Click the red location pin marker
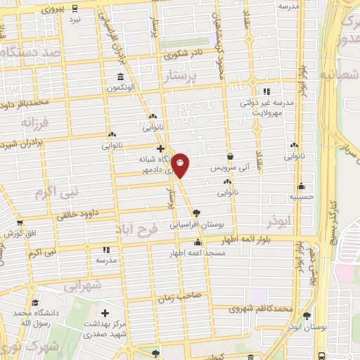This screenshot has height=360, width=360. (x=181, y=165)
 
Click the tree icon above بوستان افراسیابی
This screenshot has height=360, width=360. (x=196, y=213)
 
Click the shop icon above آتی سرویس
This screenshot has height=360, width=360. (x=230, y=157)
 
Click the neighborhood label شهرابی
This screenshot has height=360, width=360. (x=83, y=286)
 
